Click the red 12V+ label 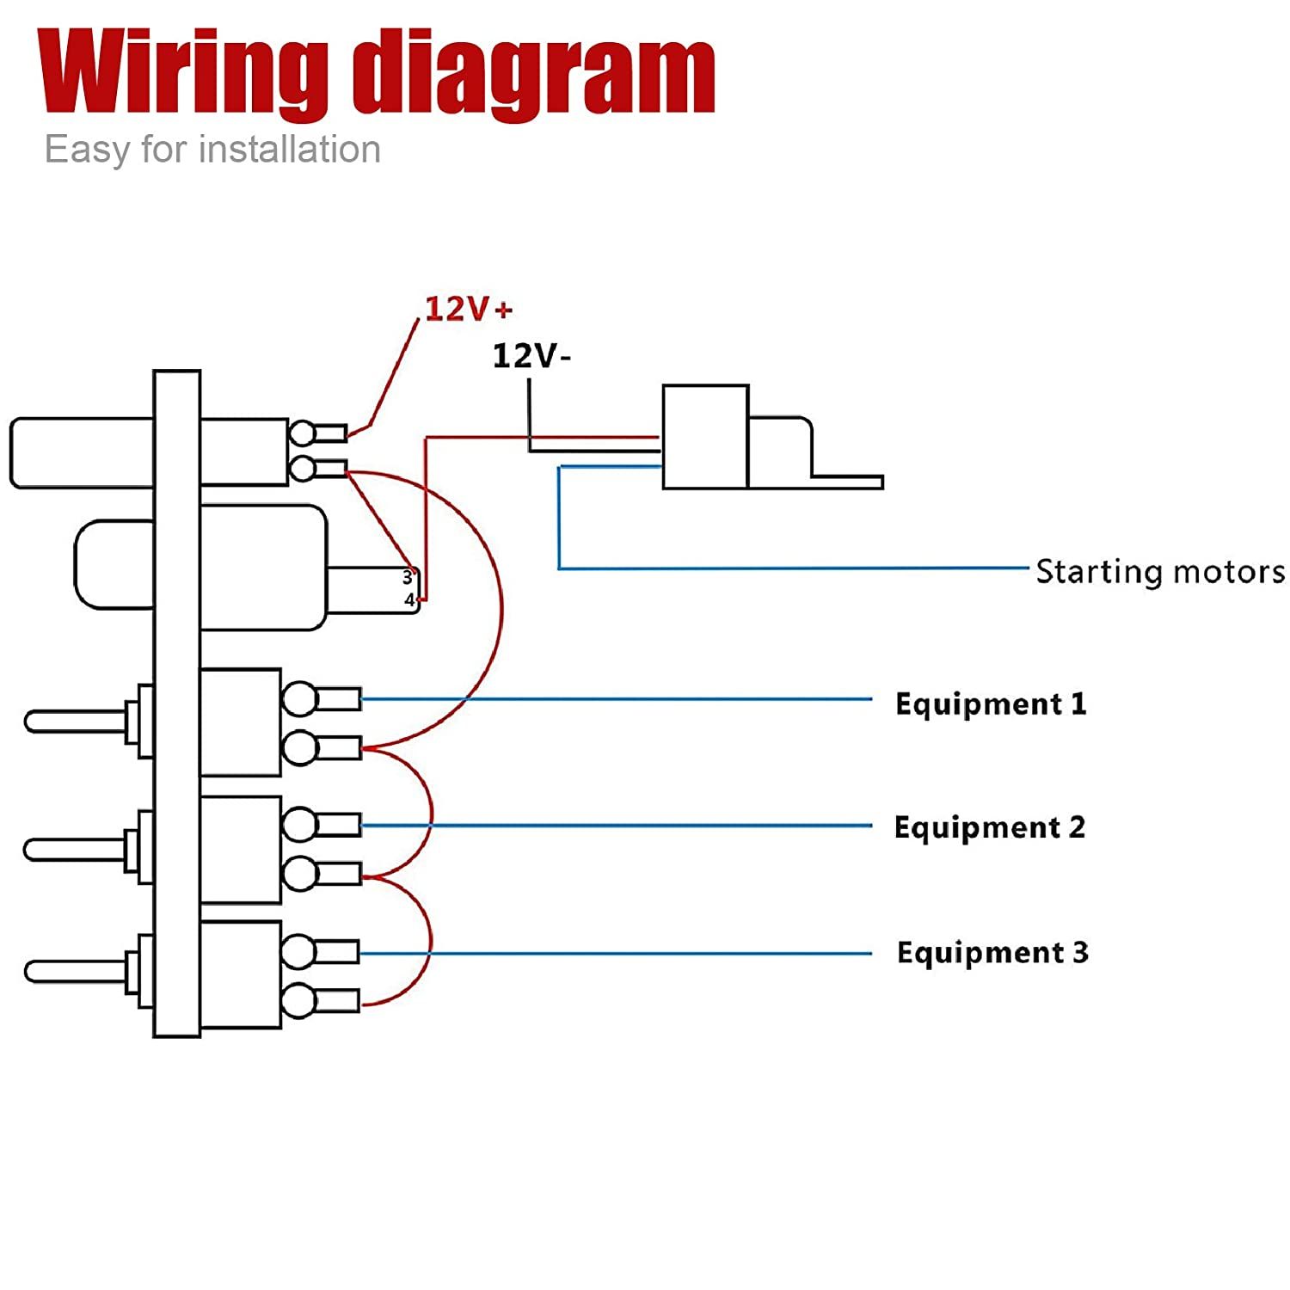point(469,309)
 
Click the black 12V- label point(531,355)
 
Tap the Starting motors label point(1160,571)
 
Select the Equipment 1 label point(991,703)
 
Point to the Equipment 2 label point(990,827)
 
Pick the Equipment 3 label point(992,952)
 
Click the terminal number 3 point(408,578)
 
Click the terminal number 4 point(409,599)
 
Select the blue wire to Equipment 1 point(617,699)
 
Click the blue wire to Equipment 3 point(616,953)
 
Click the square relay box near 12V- point(705,437)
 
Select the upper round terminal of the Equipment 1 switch point(299,699)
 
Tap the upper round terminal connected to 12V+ point(302,433)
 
